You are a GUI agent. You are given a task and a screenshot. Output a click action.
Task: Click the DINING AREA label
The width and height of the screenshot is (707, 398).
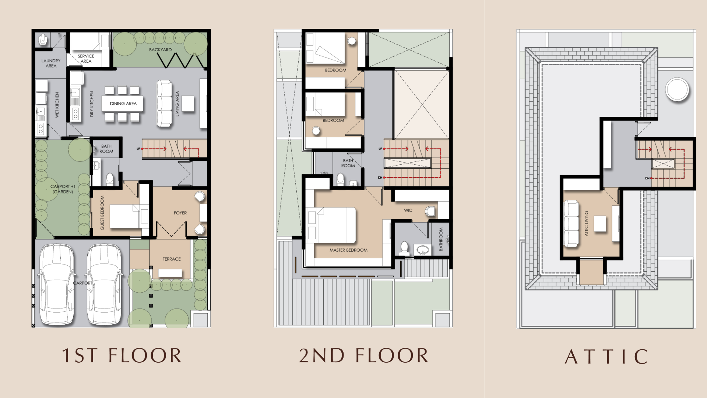pyautogui.click(x=123, y=104)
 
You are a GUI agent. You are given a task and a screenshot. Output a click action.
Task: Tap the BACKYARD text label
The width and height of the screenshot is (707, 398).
pyautogui.click(x=160, y=50)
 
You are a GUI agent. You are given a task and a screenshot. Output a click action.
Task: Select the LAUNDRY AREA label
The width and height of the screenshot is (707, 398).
pyautogui.click(x=51, y=63)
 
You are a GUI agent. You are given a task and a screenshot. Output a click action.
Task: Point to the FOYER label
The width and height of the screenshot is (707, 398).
pyautogui.click(x=180, y=213)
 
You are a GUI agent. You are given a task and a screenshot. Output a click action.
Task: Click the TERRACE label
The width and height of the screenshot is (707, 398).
pyautogui.click(x=172, y=259)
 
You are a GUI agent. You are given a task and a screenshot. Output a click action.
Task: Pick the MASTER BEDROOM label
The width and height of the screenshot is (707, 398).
pyautogui.click(x=348, y=250)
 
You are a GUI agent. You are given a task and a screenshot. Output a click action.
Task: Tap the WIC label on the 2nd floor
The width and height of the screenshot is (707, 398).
pyautogui.click(x=408, y=210)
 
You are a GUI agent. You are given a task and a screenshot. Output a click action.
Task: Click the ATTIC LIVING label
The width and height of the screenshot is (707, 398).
pyautogui.click(x=586, y=223)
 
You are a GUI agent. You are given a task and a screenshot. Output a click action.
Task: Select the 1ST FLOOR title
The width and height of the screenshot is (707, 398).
pyautogui.click(x=122, y=356)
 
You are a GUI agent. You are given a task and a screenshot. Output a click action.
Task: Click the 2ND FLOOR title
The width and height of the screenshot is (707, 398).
pyautogui.click(x=364, y=356)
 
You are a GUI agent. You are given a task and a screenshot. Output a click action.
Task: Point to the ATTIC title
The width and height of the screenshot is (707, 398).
pyautogui.click(x=606, y=357)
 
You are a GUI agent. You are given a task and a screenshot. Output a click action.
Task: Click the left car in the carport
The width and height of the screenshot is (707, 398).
pyautogui.click(x=56, y=284)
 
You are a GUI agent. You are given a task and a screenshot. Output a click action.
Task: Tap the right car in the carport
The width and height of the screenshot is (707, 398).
pyautogui.click(x=104, y=284)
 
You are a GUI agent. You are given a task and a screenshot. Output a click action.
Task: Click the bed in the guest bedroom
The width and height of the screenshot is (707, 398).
pyautogui.click(x=125, y=216)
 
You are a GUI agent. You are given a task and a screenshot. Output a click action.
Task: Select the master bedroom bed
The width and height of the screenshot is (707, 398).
pyautogui.click(x=331, y=226)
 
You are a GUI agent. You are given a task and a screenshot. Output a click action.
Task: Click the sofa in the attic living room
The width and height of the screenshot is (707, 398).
pyautogui.click(x=571, y=223)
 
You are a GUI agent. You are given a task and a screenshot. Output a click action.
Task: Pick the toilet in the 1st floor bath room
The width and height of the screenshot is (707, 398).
pyautogui.click(x=110, y=179)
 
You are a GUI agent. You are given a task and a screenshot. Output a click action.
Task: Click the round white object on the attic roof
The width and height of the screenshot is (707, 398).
pyautogui.click(x=677, y=90)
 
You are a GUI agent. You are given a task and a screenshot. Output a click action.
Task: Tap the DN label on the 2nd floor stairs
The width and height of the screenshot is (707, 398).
pyautogui.click(x=380, y=178)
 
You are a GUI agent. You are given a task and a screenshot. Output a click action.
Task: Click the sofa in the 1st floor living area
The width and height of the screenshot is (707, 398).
pyautogui.click(x=164, y=104)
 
